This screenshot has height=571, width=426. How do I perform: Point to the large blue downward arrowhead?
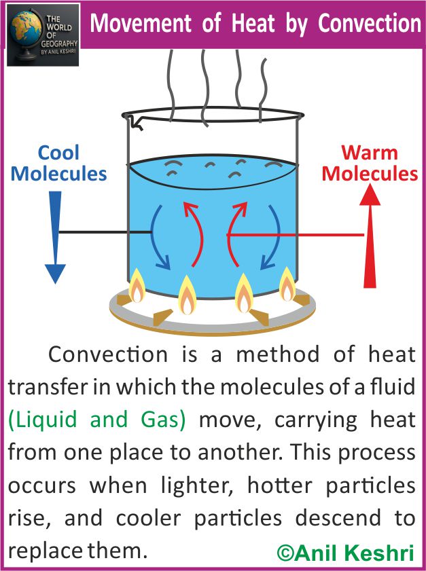[x=56, y=273]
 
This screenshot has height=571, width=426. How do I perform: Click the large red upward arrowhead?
[x=370, y=197]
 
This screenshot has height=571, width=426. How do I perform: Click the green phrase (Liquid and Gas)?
[x=97, y=420]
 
